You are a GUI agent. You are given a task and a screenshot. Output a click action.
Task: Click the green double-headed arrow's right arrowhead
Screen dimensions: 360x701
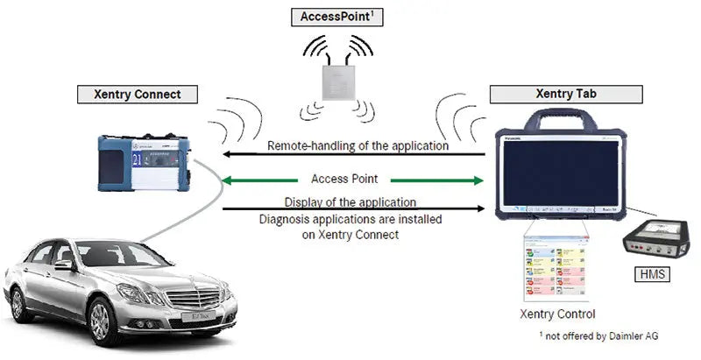pyautogui.click(x=478, y=181)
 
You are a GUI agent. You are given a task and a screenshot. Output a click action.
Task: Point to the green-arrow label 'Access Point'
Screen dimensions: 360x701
pyautogui.click(x=351, y=179)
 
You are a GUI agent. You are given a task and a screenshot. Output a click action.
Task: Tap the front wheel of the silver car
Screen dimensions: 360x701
pyautogui.click(x=104, y=319)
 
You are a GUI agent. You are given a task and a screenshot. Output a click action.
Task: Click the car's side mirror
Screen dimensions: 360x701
pyautogui.click(x=62, y=265)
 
